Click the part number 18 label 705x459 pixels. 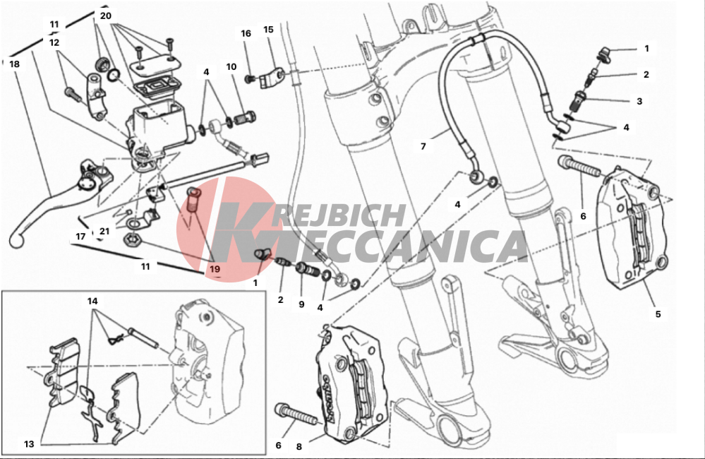pyautogui.click(x=14, y=64)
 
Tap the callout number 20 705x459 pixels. pyautogui.click(x=106, y=16)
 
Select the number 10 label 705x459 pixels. pyautogui.click(x=231, y=67)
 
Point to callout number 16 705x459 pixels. pyautogui.click(x=246, y=33)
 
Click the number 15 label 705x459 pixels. pyautogui.click(x=268, y=29)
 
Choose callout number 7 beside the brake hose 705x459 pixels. pyautogui.click(x=423, y=146)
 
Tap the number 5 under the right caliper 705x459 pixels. pyautogui.click(x=658, y=314)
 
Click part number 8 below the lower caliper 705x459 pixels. pyautogui.click(x=299, y=447)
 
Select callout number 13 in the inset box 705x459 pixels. pyautogui.click(x=29, y=444)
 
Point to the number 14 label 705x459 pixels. pyautogui.click(x=92, y=301)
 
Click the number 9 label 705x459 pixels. pyautogui.click(x=301, y=304)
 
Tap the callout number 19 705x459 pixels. pyautogui.click(x=215, y=269)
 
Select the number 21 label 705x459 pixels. pyautogui.click(x=104, y=232)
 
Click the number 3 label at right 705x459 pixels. pyautogui.click(x=639, y=101)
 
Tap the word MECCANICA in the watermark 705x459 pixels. pyautogui.click(x=371, y=246)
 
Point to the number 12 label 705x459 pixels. pyautogui.click(x=54, y=43)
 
